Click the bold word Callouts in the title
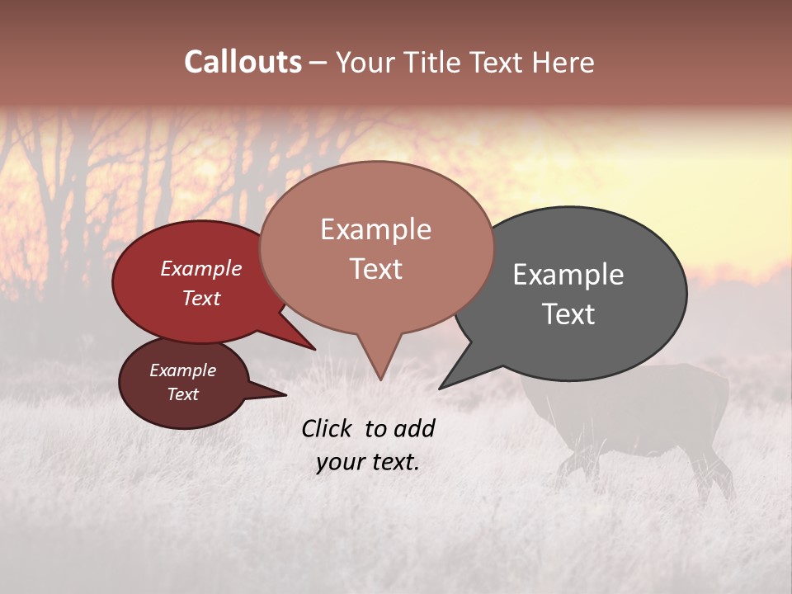coord(243,62)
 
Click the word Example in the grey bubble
coord(568,275)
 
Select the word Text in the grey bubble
coord(568,314)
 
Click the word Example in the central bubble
coord(375,229)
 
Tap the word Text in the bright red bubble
coord(201,298)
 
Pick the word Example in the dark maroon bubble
coord(182,370)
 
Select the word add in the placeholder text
coord(415,428)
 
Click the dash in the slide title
coord(318,63)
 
